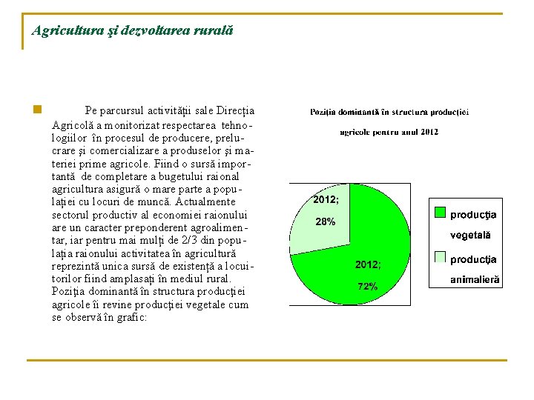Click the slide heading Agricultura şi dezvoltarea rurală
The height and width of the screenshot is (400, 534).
pyautogui.click(x=133, y=31)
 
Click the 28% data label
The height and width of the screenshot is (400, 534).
pyautogui.click(x=326, y=221)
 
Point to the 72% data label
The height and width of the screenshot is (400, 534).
pyautogui.click(x=368, y=286)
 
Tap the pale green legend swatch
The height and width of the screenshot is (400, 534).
pyautogui.click(x=440, y=258)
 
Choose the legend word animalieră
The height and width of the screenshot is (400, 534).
pyautogui.click(x=475, y=280)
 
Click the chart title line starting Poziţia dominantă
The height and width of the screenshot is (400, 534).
pyautogui.click(x=389, y=113)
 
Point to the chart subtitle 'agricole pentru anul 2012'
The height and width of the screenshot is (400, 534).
pyautogui.click(x=389, y=132)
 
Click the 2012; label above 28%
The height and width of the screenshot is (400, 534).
pyautogui.click(x=326, y=200)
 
